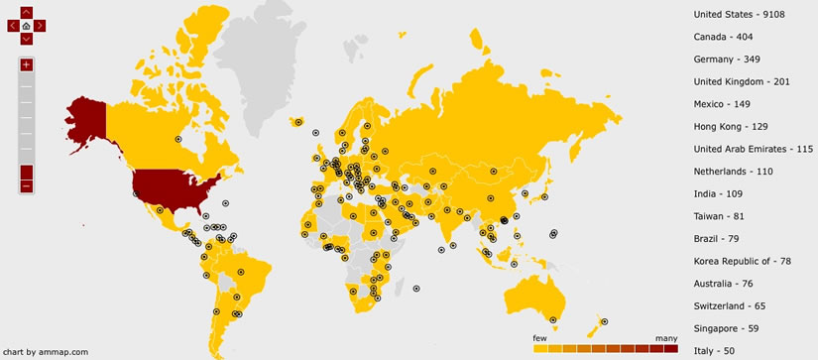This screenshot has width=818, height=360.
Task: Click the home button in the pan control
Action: click(26, 25)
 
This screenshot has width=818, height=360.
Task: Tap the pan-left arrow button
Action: click(13, 26)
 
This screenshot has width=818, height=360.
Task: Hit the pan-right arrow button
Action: click(39, 26)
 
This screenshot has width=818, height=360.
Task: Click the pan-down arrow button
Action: click(26, 39)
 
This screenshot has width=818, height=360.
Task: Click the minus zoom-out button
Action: click(26, 185)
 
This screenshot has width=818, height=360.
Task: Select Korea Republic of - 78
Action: click(743, 261)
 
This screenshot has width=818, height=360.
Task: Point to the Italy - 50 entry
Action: click(714, 351)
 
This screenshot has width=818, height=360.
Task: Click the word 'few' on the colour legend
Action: click(540, 338)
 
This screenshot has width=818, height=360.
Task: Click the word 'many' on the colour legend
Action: click(666, 338)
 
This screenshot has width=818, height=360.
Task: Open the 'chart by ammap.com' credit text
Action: click(46, 351)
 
